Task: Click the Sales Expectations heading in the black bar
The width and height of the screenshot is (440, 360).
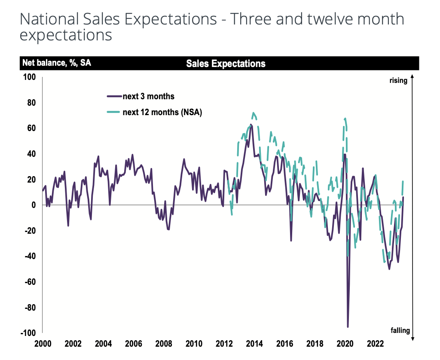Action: [226, 64]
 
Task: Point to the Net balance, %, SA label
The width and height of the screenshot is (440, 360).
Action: [56, 63]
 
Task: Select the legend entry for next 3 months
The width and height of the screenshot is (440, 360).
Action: [148, 96]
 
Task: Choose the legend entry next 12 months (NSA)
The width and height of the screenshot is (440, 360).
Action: [162, 113]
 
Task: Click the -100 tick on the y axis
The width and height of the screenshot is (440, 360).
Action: [28, 333]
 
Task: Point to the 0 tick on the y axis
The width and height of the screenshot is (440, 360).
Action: [33, 205]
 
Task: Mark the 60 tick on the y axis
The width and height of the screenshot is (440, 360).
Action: [31, 128]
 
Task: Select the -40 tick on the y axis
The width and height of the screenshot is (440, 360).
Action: [30, 256]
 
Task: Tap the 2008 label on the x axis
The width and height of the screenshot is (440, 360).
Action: [164, 344]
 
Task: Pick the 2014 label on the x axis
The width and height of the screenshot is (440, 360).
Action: [254, 344]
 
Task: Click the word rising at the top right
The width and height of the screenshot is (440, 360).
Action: [398, 80]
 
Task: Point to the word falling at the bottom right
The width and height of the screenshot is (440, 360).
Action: [400, 330]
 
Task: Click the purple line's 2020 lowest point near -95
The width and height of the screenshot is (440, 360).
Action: [348, 327]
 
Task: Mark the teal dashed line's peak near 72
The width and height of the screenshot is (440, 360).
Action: [254, 113]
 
